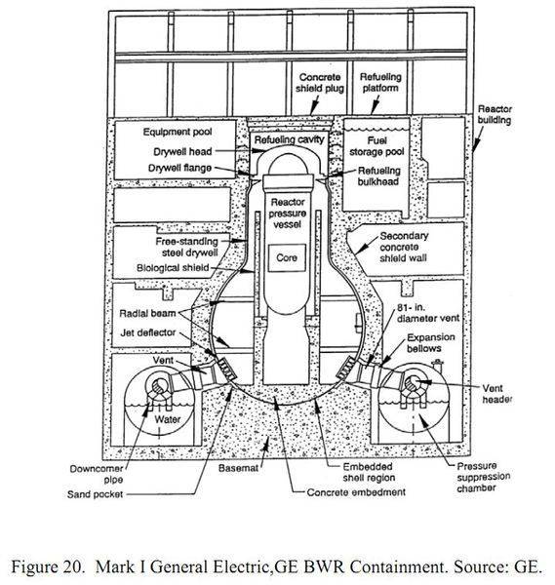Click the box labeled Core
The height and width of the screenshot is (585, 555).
(x=287, y=257)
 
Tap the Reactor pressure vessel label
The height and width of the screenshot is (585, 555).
(x=288, y=214)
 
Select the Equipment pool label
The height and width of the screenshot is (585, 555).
(x=178, y=132)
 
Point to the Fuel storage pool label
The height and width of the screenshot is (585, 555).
(x=377, y=146)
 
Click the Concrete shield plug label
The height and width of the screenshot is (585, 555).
(x=320, y=83)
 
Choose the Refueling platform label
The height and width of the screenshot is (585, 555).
(x=380, y=83)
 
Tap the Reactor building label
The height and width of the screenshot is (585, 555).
(x=495, y=114)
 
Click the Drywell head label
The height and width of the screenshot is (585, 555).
(x=182, y=151)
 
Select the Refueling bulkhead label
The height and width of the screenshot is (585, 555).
(x=378, y=176)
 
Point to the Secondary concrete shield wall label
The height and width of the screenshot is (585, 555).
(x=404, y=247)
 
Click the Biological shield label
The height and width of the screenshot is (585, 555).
(x=173, y=268)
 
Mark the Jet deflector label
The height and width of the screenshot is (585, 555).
(x=148, y=332)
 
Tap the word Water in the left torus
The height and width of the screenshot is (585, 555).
(x=168, y=419)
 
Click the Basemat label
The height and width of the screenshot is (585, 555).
(x=238, y=468)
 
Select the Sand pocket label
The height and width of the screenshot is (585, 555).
(x=95, y=494)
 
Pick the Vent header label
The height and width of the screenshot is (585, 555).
(x=496, y=394)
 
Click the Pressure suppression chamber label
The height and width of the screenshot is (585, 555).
(x=484, y=477)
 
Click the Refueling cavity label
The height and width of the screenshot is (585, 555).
(x=290, y=139)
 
